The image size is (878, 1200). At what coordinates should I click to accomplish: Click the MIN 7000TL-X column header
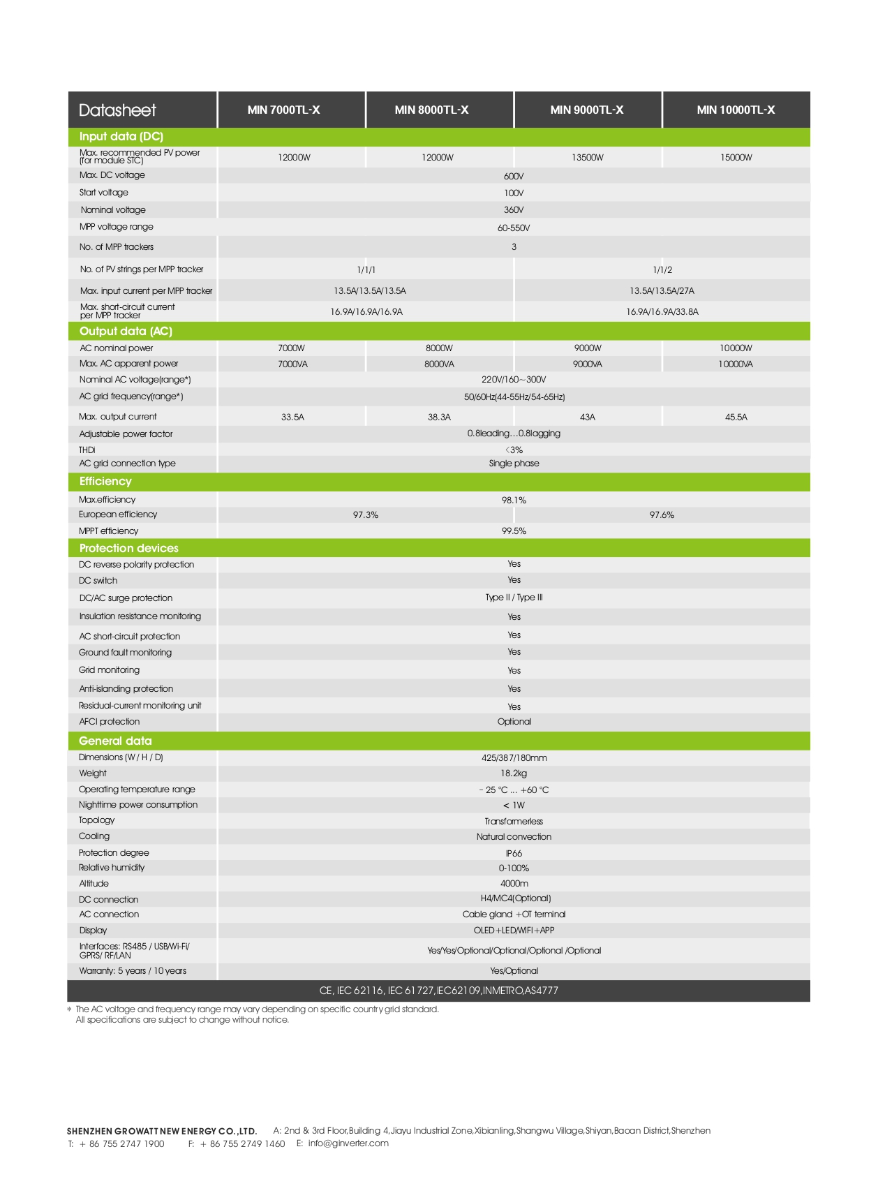tap(283, 110)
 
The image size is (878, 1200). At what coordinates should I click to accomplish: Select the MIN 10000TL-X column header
tap(736, 110)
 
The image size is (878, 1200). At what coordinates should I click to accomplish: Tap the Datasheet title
tap(117, 110)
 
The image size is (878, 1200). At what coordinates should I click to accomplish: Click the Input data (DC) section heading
tap(121, 136)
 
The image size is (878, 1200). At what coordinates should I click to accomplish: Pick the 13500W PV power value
tap(587, 158)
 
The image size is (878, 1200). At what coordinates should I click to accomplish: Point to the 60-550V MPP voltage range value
tap(514, 228)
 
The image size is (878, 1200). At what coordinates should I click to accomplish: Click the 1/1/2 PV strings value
tap(662, 270)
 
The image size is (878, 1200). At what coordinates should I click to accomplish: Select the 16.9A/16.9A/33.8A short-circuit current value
tap(662, 312)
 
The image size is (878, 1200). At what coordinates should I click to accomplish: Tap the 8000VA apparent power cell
tap(439, 364)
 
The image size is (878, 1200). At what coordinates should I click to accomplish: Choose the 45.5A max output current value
tap(736, 417)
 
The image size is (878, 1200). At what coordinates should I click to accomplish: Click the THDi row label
tap(87, 450)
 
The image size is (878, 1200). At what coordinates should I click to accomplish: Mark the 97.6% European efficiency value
tap(662, 515)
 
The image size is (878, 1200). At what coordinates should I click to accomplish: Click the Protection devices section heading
tap(128, 548)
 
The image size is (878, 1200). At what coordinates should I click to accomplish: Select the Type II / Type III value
tap(514, 598)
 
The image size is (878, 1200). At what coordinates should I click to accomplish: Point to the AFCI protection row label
tap(109, 722)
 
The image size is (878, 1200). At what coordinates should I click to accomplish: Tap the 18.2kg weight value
tap(514, 773)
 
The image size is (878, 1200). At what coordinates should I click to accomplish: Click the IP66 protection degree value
tap(514, 854)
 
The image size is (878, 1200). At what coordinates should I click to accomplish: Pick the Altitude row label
tap(94, 884)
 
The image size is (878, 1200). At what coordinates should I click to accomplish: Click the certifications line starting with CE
tap(438, 991)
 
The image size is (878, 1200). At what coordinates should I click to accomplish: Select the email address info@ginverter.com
tap(348, 1143)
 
